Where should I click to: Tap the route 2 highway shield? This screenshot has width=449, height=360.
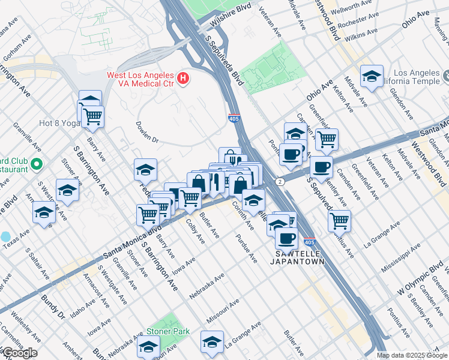pyautogui.click(x=279, y=181)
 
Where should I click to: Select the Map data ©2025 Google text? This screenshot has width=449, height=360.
pyautogui.click(x=412, y=355)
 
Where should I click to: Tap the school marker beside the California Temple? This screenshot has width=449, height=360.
pyautogui.click(x=372, y=77)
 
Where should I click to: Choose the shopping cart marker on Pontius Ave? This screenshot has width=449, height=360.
pyautogui.click(x=340, y=220)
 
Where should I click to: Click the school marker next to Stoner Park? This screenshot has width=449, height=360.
pyautogui.click(x=148, y=346)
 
